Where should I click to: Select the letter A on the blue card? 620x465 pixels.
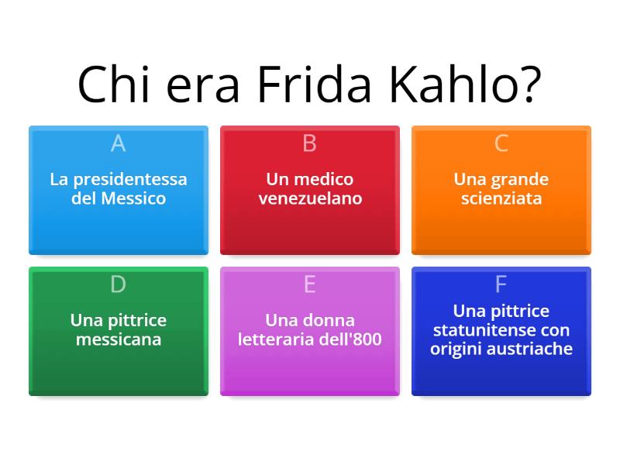(118, 143)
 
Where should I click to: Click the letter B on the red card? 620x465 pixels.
(309, 143)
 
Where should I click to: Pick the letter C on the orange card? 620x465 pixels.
(501, 143)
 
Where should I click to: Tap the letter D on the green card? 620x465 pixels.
(118, 284)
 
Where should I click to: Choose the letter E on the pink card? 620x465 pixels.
(309, 284)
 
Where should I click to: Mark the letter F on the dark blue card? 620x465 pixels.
(501, 284)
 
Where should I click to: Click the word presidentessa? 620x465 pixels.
(129, 180)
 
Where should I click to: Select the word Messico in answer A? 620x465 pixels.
(133, 198)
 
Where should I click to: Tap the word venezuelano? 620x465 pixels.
(310, 198)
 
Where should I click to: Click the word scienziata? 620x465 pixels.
(501, 198)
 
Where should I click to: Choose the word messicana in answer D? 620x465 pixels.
(118, 339)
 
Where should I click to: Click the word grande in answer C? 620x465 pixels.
(518, 180)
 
